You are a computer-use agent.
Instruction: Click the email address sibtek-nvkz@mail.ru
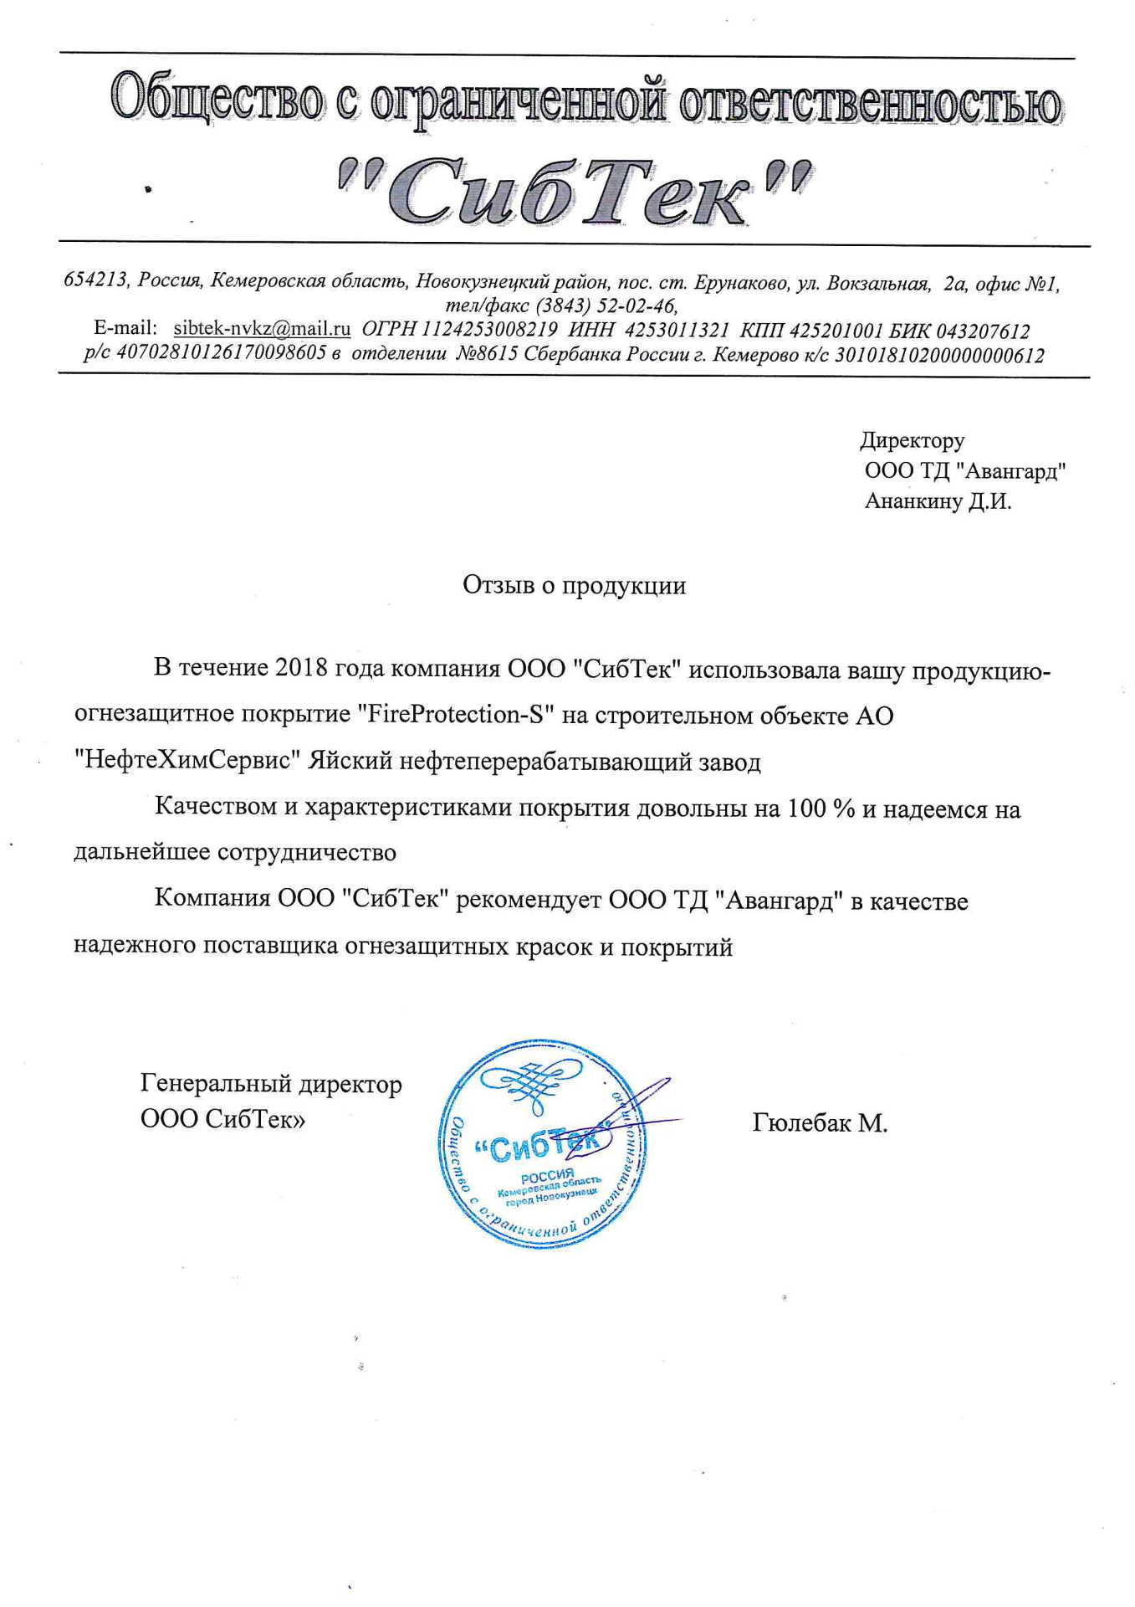262,328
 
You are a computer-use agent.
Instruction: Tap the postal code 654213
96,280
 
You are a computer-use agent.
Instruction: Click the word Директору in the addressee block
912,440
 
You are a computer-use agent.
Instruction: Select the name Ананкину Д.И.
938,502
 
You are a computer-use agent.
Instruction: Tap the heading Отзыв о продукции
574,585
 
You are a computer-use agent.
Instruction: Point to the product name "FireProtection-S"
456,715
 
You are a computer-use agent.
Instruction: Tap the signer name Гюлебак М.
819,1122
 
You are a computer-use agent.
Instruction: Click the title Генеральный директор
271,1084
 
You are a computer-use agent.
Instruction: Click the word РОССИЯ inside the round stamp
547,1175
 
